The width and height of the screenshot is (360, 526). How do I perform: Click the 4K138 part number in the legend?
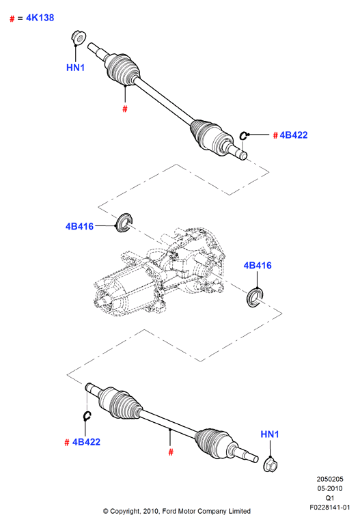click(40, 18)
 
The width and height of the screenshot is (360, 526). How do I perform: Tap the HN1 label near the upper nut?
click(76, 68)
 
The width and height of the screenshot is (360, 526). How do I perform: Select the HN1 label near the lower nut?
click(270, 434)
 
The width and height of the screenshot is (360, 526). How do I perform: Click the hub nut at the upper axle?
click(79, 38)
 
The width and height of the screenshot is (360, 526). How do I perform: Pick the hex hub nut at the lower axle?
click(271, 465)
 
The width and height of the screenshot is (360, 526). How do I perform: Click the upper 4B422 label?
click(294, 135)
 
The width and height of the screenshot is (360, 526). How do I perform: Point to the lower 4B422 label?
click(86, 442)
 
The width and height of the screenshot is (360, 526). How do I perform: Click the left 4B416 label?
click(79, 226)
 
